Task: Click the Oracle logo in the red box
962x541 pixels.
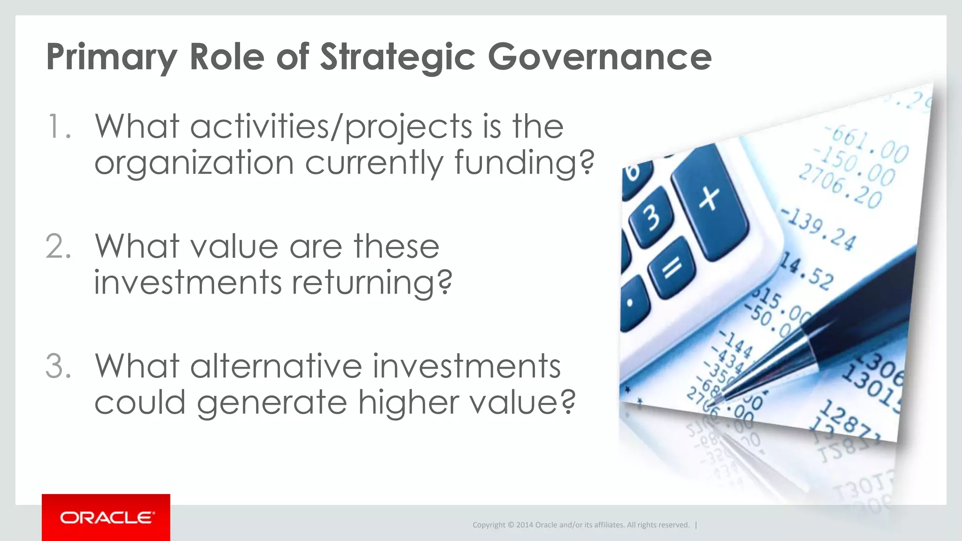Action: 107,518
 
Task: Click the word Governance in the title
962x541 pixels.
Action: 599,57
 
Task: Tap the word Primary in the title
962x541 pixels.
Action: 111,58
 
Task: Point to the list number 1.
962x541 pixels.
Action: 58,127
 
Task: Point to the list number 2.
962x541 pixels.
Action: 58,247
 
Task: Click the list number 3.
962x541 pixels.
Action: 58,366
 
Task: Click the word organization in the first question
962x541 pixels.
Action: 194,163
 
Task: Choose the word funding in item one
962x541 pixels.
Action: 523,163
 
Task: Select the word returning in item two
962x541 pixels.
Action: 371,283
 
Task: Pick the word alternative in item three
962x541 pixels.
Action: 276,366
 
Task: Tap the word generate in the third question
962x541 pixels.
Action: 272,403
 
